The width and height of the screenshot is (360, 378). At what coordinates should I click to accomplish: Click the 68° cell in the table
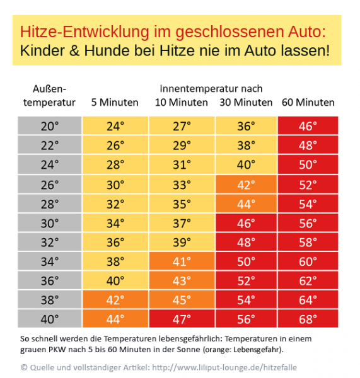(x=308, y=319)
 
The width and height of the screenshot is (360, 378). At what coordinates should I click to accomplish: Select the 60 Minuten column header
(x=308, y=103)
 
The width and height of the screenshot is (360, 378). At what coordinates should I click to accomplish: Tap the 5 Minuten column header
(x=115, y=103)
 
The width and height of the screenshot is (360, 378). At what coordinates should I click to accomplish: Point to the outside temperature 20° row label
(x=50, y=126)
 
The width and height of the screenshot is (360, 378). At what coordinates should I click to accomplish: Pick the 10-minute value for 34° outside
(x=182, y=261)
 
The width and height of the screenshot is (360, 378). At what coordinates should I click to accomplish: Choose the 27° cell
(x=182, y=126)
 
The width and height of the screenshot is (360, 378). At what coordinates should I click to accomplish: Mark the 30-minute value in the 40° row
(x=246, y=319)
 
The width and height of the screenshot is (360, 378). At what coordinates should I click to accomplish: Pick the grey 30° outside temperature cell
(x=50, y=223)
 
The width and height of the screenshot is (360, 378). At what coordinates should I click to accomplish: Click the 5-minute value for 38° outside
(x=115, y=300)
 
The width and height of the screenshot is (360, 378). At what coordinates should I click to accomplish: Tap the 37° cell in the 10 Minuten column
(x=182, y=223)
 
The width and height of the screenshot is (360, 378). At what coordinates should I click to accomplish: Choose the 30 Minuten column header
(x=246, y=103)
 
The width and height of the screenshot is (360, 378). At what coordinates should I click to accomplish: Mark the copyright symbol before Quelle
(x=24, y=367)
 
